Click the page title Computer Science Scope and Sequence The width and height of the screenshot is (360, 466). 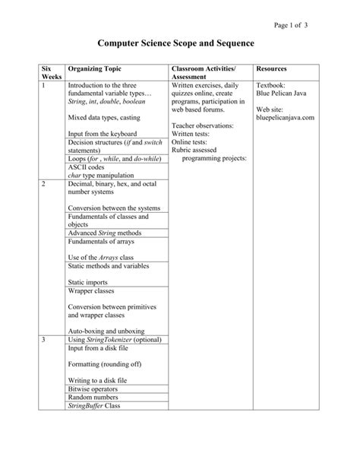pyautogui.click(x=180, y=45)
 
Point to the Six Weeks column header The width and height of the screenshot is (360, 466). pyautogui.click(x=51, y=74)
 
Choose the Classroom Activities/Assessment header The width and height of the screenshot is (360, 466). pyautogui.click(x=203, y=74)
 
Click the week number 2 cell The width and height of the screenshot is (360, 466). pyautogui.click(x=44, y=184)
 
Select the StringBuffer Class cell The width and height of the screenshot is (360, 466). pyautogui.click(x=94, y=406)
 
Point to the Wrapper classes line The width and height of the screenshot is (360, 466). pyautogui.click(x=89, y=290)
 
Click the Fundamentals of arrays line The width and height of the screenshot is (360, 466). pyautogui.click(x=100, y=241)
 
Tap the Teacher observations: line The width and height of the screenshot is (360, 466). pyautogui.click(x=204, y=126)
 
